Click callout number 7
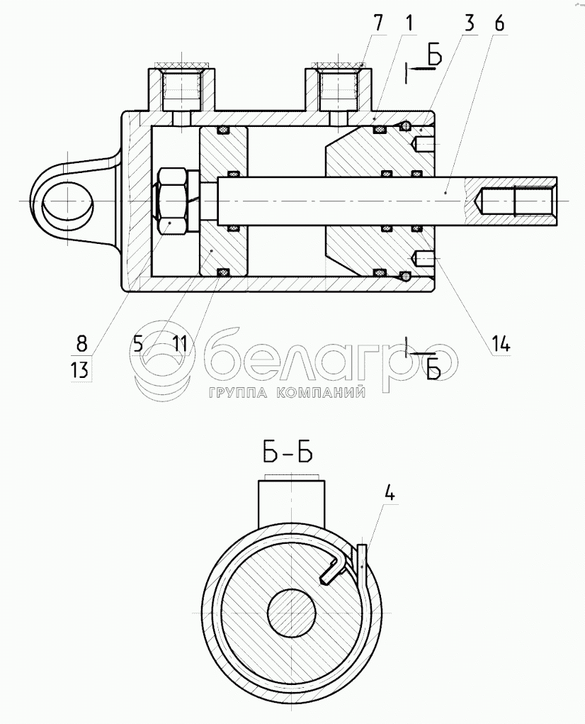click(378, 23)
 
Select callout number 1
click(409, 23)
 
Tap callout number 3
click(470, 23)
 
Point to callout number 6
click(499, 23)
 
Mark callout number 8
click(81, 343)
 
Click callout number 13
click(80, 369)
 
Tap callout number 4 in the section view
click(390, 494)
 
